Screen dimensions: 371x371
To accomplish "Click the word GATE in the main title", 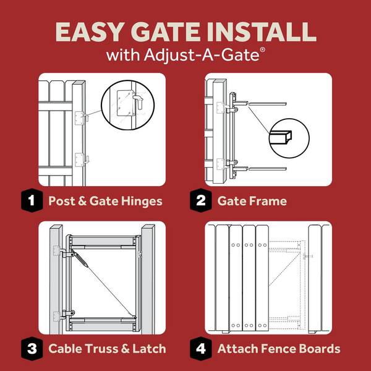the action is tap(165, 32).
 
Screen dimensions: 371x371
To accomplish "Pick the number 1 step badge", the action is tap(32, 200).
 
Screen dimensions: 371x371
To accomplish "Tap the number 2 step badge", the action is tap(201, 200).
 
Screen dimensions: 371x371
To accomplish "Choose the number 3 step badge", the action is tap(32, 349).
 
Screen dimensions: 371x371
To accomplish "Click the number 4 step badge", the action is tap(201, 349).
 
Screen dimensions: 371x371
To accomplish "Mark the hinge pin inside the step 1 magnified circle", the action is tap(137, 102).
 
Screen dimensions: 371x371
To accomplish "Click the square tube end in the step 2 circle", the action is tap(281, 137).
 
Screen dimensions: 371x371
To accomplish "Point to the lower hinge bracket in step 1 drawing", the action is tap(82, 160).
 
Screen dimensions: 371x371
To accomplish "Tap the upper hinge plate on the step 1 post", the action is tap(80, 118).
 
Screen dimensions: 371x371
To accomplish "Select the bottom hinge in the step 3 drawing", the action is tap(64, 315).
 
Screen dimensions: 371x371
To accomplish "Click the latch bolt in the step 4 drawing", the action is tap(307, 256).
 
